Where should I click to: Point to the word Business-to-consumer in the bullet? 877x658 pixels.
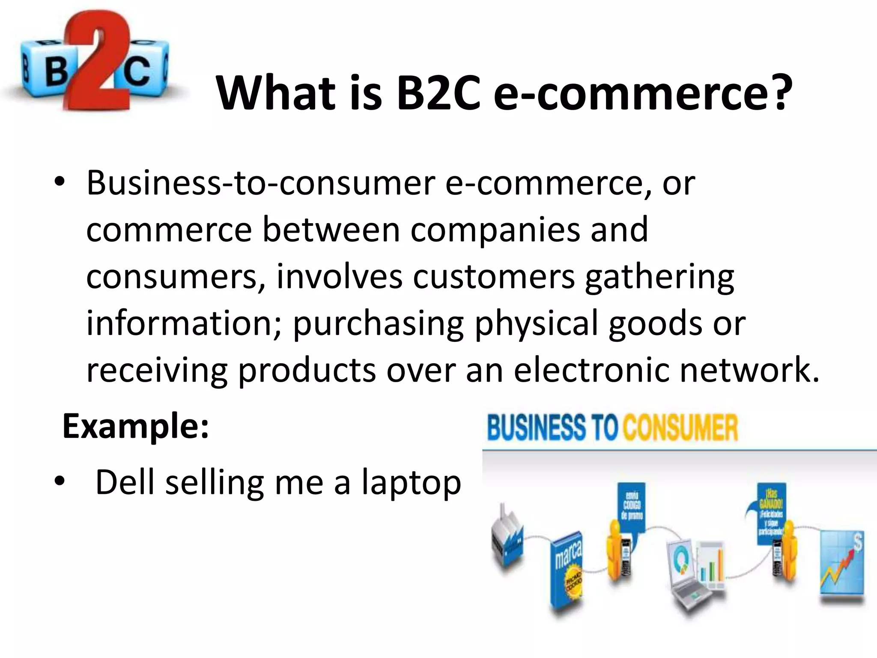[261, 183]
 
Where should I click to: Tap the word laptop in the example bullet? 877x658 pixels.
[411, 483]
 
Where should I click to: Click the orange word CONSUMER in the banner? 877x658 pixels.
[681, 428]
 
